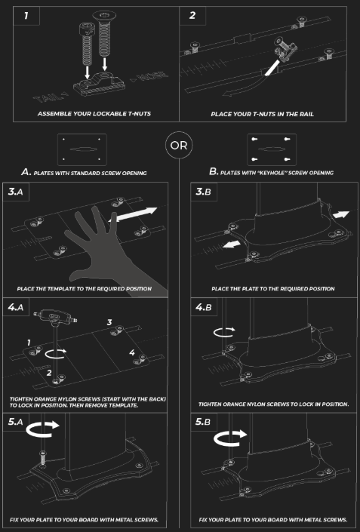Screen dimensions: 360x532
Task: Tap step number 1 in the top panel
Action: [26, 16]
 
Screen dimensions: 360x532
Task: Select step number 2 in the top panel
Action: [192, 15]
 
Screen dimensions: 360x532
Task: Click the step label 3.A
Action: [16, 192]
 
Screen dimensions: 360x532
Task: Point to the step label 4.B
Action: [203, 307]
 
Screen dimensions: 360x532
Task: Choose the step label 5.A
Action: [16, 421]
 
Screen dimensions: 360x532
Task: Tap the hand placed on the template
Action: [112, 251]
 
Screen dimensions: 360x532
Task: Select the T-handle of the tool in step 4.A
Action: [55, 316]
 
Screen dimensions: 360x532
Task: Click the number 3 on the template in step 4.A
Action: [109, 322]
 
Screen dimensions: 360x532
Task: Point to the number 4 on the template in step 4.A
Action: [132, 352]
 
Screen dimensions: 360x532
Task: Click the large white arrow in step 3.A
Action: [133, 214]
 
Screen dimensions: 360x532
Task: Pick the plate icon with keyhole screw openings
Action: [272, 149]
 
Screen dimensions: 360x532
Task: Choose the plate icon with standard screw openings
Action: [82, 149]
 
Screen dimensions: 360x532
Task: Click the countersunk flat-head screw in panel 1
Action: [104, 34]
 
